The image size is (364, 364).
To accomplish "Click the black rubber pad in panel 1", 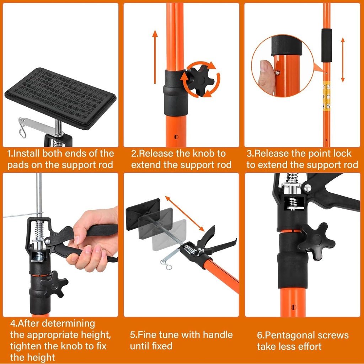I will [x=60, y=97].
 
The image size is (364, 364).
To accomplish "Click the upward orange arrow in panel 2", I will [x=155, y=57].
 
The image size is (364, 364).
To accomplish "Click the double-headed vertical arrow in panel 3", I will [x=343, y=60].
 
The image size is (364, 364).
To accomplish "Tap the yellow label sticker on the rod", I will [x=326, y=96].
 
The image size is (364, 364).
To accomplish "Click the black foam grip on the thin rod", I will [x=326, y=41].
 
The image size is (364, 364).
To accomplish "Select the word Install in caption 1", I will [x=27, y=154].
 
